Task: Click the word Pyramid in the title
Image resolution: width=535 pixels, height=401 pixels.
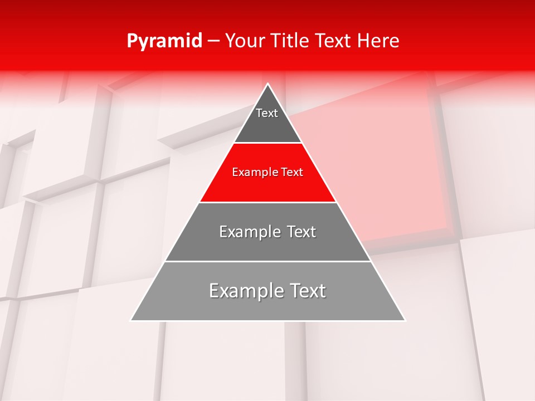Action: coord(164,41)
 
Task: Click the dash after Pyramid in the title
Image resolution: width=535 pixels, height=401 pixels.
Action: coord(213,41)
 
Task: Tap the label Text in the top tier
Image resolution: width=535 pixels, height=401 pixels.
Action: coord(266,113)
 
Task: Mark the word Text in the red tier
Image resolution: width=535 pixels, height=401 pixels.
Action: coord(292,173)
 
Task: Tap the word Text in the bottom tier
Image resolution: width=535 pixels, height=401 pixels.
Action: coord(308,291)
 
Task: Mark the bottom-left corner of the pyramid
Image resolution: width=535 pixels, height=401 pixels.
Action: coord(132,320)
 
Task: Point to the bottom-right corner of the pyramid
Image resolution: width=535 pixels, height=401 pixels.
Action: coord(405,320)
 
